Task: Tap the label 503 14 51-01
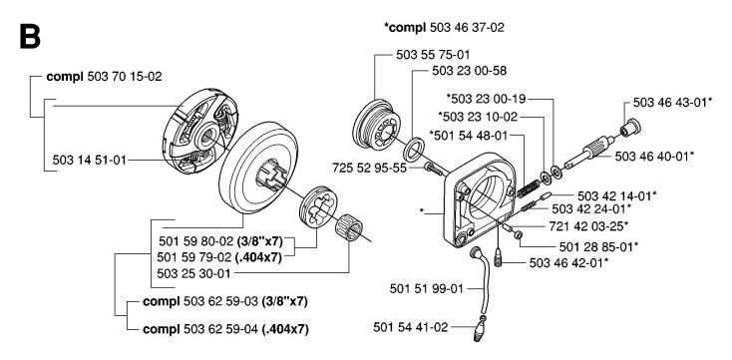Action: (91, 158)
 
